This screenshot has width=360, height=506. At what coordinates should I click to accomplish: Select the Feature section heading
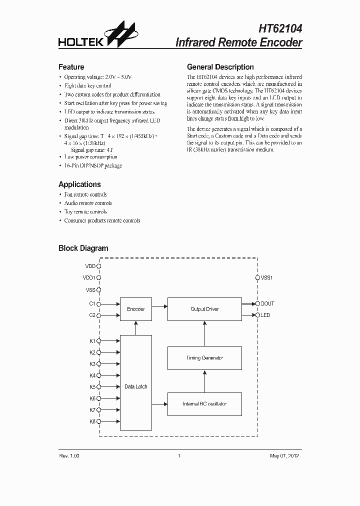(71, 67)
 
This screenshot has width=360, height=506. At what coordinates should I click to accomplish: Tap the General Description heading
(220, 67)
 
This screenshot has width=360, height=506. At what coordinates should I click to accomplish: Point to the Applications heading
(79, 184)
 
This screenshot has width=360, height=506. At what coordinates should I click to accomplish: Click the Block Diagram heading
(83, 248)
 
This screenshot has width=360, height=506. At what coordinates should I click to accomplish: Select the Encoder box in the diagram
(135, 309)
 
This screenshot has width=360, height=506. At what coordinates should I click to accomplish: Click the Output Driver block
(204, 309)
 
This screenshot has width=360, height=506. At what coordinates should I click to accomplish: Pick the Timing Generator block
(204, 358)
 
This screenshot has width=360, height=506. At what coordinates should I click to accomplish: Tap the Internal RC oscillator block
(204, 403)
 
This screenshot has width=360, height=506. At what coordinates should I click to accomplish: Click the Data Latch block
(135, 386)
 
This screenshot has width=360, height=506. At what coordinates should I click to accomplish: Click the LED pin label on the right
(265, 315)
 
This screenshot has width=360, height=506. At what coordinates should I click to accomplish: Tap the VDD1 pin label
(89, 277)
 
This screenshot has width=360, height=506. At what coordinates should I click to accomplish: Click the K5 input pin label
(92, 387)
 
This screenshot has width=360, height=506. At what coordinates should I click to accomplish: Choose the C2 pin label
(92, 315)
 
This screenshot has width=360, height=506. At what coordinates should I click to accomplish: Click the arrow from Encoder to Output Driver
(159, 305)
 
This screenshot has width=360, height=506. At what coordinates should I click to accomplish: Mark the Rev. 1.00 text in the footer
(69, 456)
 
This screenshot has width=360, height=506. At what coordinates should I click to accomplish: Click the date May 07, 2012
(284, 456)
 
